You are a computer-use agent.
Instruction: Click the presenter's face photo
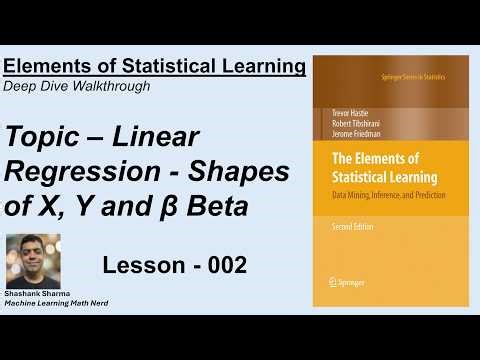(33, 263)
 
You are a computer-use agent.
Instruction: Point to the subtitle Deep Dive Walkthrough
(77, 86)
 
